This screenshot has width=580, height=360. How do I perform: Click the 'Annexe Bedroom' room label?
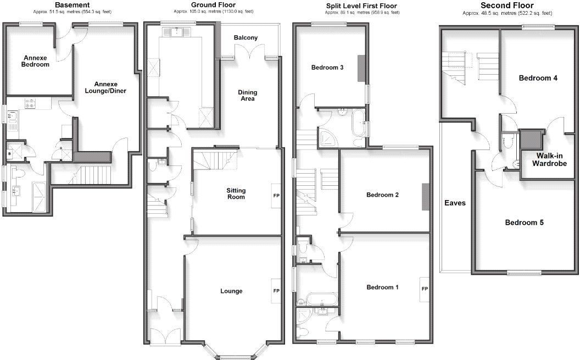coord(36,60)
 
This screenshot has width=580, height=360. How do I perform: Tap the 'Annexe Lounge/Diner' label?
coord(104,87)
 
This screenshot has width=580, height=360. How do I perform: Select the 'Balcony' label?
coord(246,38)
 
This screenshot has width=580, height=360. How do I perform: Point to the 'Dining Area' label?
coord(247,96)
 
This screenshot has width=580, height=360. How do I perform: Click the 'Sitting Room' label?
coord(236,193)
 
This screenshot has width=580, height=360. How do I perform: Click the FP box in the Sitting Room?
coord(276,195)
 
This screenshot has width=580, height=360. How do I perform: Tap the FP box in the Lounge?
coord(276,291)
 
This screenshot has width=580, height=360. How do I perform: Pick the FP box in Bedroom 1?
coord(425,288)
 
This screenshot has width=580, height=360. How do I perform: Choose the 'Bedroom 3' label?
coord(327,68)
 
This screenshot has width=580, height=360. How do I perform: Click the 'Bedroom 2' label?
coord(382,195)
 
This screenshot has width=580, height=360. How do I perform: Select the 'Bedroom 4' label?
coord(538,78)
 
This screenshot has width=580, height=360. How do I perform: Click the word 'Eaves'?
coord(455,203)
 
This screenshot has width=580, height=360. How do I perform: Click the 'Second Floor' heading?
coord(507,5)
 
